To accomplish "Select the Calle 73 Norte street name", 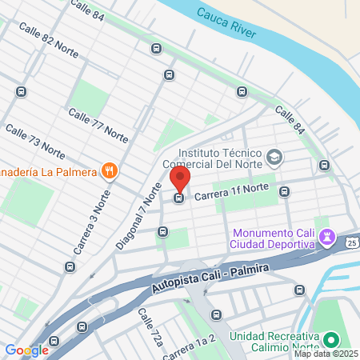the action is coord(35,140).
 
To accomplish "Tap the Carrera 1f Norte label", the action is coord(231,192).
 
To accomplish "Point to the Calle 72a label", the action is coord(151,327).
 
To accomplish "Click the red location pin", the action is coord(179,178).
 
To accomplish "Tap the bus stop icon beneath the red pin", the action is coord(179,197).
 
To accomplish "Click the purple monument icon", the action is coord(326,236).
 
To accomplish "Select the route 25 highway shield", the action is coord(352,241).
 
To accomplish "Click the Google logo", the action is coord(26,350).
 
